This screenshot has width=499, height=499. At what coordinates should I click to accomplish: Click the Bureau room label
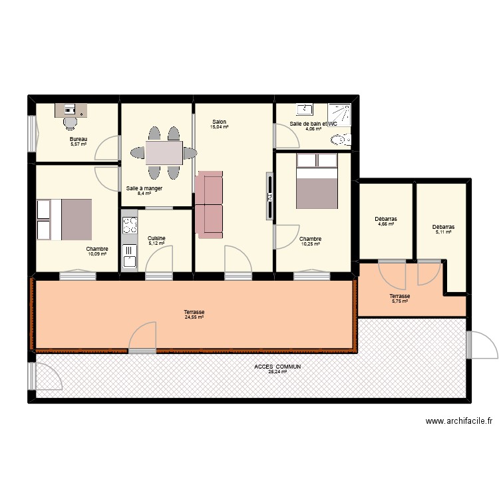(x=79, y=139)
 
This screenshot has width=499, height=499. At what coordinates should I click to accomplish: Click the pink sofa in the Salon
(x=209, y=204)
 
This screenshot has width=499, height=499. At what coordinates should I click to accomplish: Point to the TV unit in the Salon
(x=269, y=196)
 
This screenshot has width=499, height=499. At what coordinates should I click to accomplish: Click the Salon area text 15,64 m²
(x=220, y=127)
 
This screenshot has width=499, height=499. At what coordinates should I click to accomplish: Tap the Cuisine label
(x=156, y=238)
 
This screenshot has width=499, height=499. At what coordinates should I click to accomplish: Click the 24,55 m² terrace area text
(x=194, y=317)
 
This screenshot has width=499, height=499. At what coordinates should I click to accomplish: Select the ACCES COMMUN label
(x=277, y=367)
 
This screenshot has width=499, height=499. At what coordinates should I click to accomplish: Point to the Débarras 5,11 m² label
(x=443, y=227)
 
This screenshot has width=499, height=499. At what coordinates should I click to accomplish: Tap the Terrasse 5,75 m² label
(x=400, y=297)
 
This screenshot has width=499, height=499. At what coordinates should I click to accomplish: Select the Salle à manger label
(x=144, y=188)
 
